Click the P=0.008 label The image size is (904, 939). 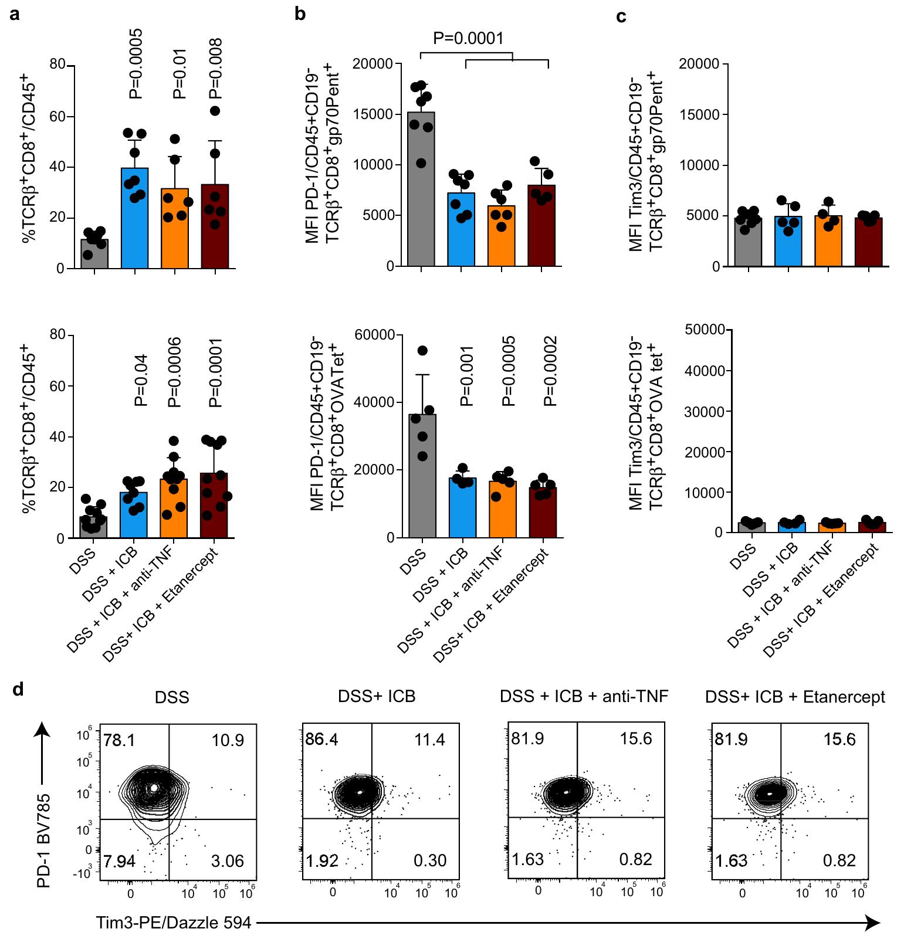tap(215, 68)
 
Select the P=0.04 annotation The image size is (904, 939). tap(141, 380)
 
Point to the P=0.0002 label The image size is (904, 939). tap(550, 371)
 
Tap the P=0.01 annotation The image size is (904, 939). tap(180, 73)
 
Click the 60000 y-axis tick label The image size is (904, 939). tap(375, 335)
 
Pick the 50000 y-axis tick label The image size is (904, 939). tap(705, 330)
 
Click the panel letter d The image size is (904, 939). tap(18, 689)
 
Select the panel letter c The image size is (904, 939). tap(621, 16)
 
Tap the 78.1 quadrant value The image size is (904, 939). tap(119, 740)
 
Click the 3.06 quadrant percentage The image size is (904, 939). tap(227, 861)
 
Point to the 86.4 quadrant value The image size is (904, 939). tap(321, 739)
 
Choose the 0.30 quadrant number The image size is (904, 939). tap(430, 860)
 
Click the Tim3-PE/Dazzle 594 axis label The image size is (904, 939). tap(174, 923)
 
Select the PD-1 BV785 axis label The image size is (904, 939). tap(44, 840)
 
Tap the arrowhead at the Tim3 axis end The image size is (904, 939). tap(874, 923)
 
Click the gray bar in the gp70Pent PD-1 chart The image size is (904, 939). tap(421, 189)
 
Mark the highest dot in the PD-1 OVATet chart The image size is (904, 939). tap(422, 351)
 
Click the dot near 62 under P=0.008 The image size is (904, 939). tap(215, 111)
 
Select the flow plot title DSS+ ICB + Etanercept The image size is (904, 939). tap(795, 697)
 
